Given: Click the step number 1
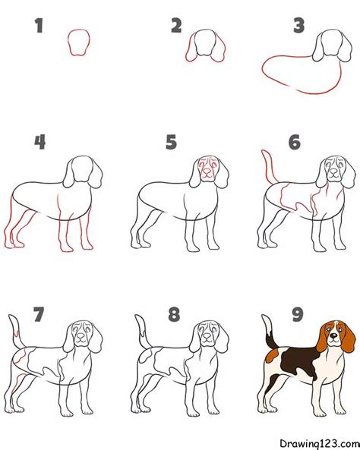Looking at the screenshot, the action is click(39, 25).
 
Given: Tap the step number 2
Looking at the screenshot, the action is click(176, 25).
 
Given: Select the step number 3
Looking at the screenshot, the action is click(298, 25).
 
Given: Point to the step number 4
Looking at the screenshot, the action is click(40, 142).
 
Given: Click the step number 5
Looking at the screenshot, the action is click(171, 142).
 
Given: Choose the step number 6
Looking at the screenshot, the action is click(295, 142).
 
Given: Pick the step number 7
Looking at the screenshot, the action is click(39, 314).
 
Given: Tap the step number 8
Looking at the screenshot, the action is click(174, 314).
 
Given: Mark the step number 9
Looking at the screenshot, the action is click(298, 314).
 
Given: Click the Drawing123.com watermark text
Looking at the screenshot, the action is click(320, 442).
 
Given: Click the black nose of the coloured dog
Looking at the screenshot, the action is click(333, 335).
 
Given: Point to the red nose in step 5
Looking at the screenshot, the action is click(207, 172).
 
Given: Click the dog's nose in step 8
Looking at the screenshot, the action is click(207, 335).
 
